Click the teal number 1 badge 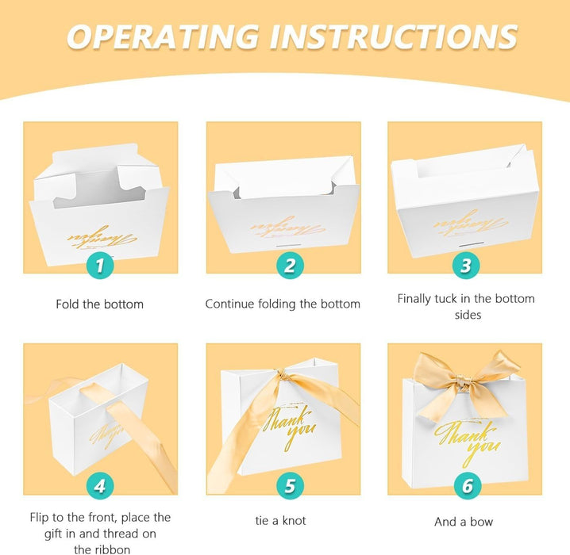[x=100, y=266]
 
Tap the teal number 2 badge [x=290, y=266]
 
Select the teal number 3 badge [x=466, y=266]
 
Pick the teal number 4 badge [x=100, y=486]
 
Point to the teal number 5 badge [x=290, y=486]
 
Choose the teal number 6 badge [x=468, y=486]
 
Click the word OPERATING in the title [x=164, y=36]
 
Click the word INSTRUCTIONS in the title [x=394, y=36]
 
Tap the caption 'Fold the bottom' [x=99, y=304]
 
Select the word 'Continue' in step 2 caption [x=229, y=304]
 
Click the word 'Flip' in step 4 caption [x=39, y=518]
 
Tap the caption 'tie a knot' [x=281, y=521]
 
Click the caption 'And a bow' [x=464, y=522]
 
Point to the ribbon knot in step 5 [x=282, y=374]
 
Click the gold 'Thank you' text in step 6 [x=468, y=442]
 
